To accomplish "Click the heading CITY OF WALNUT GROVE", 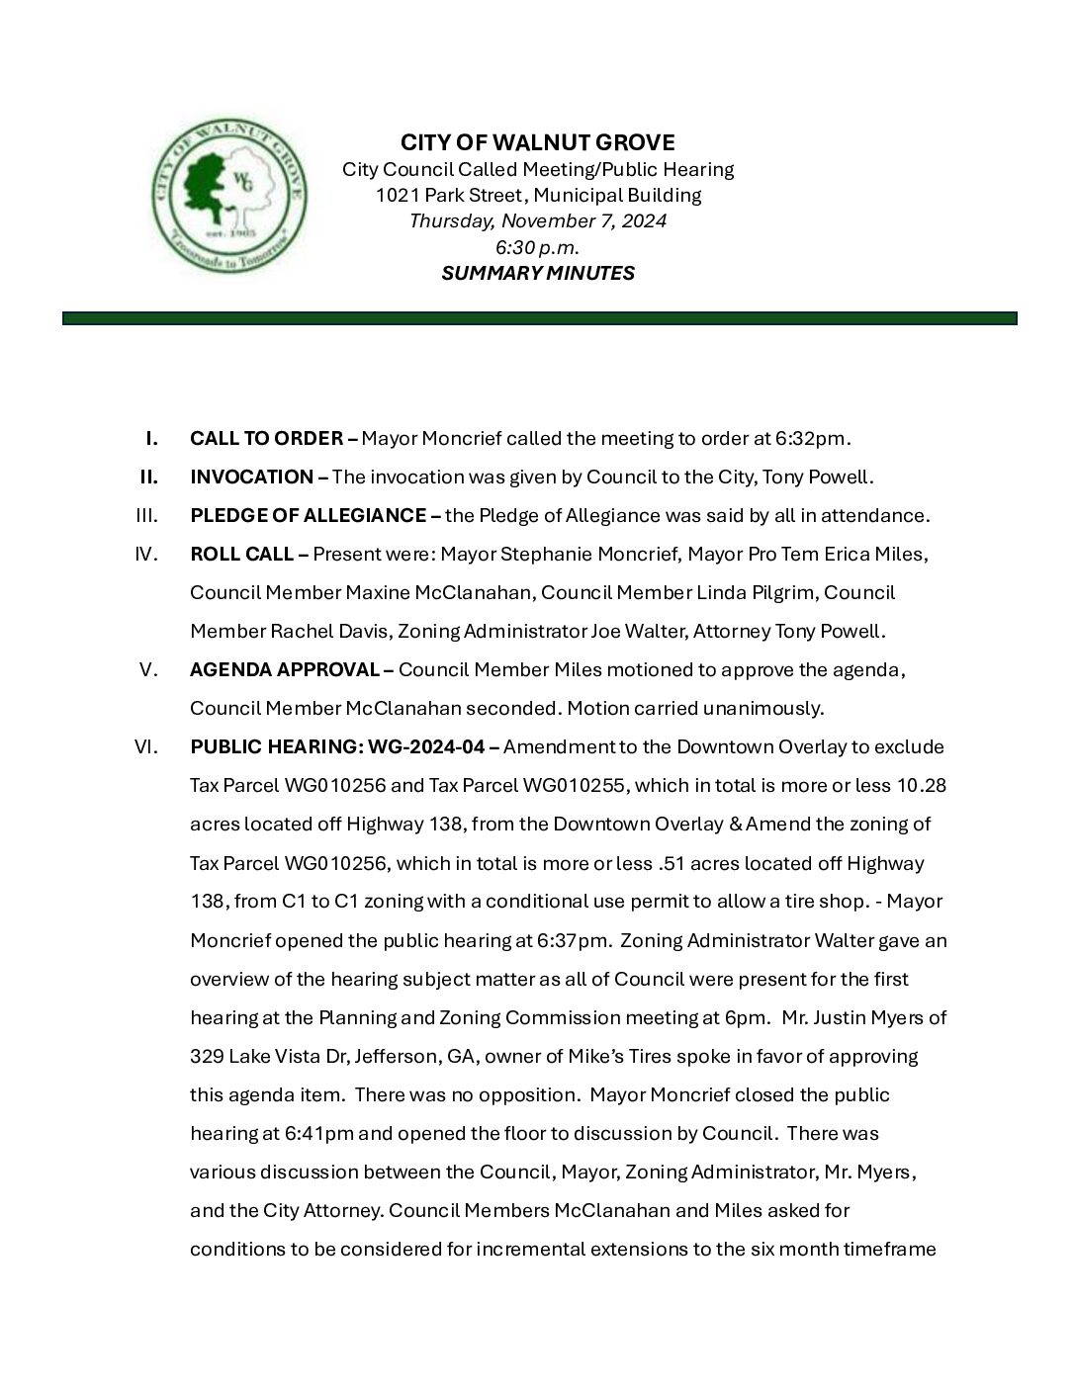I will pos(538,142).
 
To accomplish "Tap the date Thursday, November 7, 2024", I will pos(538,220).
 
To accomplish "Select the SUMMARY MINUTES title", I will pos(538,273).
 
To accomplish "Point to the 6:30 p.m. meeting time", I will pos(538,247).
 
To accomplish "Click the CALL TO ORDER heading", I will pos(267,438).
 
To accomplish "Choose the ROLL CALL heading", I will pos(241,554).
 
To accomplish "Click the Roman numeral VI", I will pos(146,746).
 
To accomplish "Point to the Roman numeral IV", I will pos(146,554).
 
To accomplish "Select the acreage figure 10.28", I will pos(921,785).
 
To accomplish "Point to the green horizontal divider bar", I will pos(539,318).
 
